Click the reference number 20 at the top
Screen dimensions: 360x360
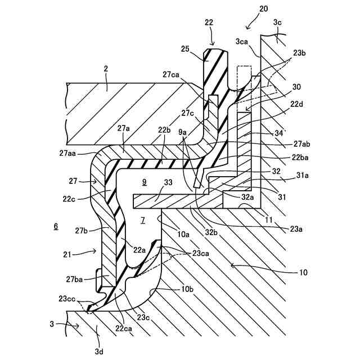coord(264,10)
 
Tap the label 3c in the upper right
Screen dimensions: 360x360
coord(277,22)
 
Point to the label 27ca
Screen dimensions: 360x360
coord(172,74)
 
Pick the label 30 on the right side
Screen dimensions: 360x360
coord(297,87)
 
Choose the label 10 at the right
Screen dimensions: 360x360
coord(302,272)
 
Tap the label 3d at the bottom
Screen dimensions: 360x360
coord(99,351)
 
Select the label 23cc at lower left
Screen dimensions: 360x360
coord(66,299)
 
